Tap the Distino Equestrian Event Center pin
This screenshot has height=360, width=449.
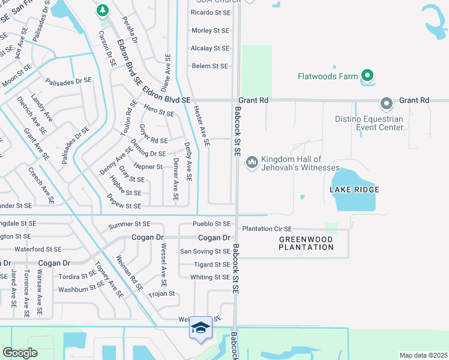click(x=386, y=103)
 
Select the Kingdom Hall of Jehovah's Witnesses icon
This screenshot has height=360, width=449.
click(x=252, y=162)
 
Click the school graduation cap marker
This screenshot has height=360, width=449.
click(x=201, y=328)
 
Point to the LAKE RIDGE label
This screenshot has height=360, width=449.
click(x=354, y=190)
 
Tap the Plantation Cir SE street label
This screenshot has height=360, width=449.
click(x=267, y=229)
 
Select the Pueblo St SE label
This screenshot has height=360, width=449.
click(x=211, y=224)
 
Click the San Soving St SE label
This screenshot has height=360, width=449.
click(x=205, y=251)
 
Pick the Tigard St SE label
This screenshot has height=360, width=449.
click(x=212, y=265)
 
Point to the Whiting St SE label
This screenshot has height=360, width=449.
click(x=209, y=277)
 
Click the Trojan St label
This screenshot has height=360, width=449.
click(x=161, y=294)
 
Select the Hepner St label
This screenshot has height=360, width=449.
click(x=148, y=166)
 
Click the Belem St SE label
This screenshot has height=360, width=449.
click(x=209, y=66)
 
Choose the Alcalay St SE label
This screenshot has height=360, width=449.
click(x=209, y=48)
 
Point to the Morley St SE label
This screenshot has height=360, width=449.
click(x=209, y=30)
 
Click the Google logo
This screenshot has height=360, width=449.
click(x=20, y=353)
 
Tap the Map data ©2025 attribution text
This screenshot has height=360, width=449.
click(x=423, y=355)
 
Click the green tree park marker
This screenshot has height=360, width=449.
click(x=103, y=10)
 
